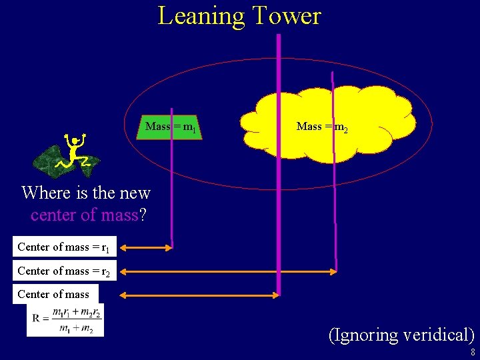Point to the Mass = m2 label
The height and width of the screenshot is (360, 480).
[322, 126]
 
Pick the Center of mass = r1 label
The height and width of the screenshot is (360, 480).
[63, 247]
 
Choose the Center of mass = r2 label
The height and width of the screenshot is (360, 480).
[63, 271]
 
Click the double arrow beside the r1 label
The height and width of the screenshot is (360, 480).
[145, 248]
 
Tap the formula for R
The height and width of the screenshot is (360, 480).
[65, 321]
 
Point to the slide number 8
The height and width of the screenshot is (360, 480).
[472, 352]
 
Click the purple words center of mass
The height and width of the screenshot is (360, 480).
[84, 215]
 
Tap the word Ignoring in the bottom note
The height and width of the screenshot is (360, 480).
[365, 335]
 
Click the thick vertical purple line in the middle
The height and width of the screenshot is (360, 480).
[279, 167]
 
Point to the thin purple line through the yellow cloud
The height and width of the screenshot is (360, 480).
[335, 200]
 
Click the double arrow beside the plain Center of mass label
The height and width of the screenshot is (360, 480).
[199, 295]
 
